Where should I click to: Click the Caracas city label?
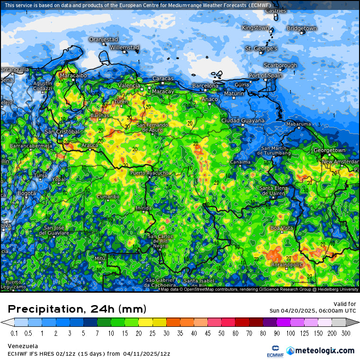[x=163, y=79]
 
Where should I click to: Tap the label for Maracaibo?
[x=73, y=75]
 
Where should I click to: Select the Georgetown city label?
[x=329, y=150]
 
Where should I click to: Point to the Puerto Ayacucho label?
[x=149, y=173]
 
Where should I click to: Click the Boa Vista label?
[x=281, y=228]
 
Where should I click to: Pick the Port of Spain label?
[x=265, y=76]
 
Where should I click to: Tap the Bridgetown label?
[x=301, y=28]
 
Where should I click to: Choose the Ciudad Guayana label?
[x=243, y=120]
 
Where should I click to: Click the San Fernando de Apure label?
[x=153, y=127]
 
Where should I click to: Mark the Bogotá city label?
[x=27, y=193]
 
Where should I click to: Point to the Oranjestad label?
[x=103, y=39]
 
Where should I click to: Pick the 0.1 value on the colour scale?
[x=14, y=333]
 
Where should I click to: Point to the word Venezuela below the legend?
[x=23, y=346]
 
